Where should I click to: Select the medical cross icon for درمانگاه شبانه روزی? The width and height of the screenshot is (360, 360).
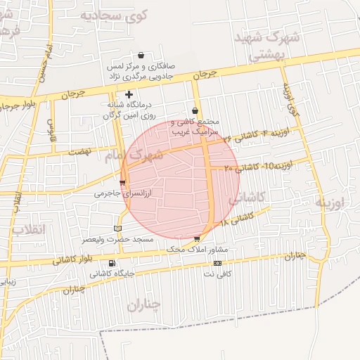129,94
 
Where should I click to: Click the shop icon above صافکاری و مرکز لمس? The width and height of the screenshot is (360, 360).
141,55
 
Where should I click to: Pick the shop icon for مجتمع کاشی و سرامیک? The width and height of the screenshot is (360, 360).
195,111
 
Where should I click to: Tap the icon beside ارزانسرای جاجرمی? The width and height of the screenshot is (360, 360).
122,183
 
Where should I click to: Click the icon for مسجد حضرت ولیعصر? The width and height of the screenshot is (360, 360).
117,229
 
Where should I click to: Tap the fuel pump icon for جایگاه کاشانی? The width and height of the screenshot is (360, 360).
112,263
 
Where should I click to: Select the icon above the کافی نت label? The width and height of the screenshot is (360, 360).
217,263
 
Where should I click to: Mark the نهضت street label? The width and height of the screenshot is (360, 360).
82,152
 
